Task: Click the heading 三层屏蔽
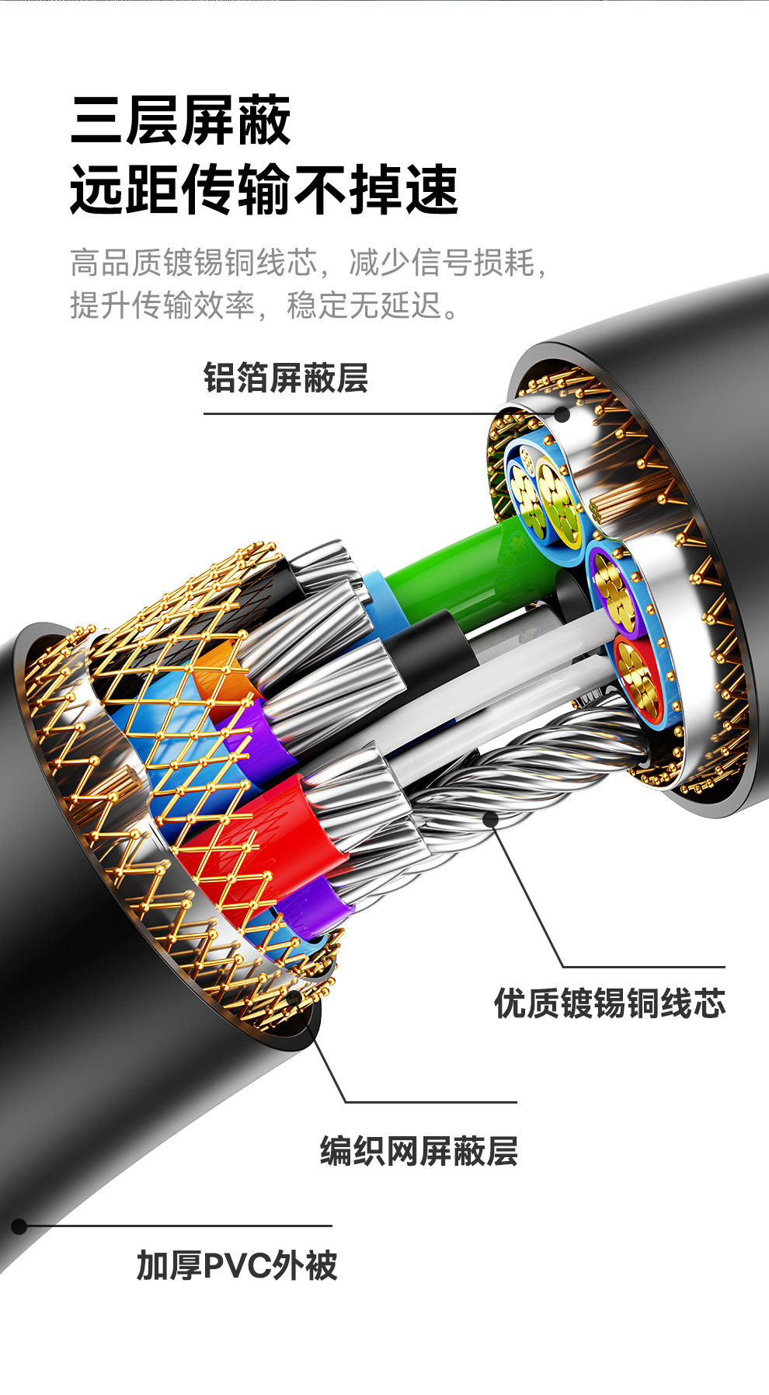click(180, 120)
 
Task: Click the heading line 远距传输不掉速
click(264, 189)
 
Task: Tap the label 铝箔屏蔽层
click(285, 378)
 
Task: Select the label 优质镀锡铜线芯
click(610, 1003)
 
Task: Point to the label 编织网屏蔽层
click(419, 1151)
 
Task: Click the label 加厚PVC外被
click(237, 1265)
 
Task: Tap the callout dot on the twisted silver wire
click(491, 818)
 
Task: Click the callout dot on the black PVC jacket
click(19, 1226)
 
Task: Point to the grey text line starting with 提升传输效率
click(264, 305)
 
